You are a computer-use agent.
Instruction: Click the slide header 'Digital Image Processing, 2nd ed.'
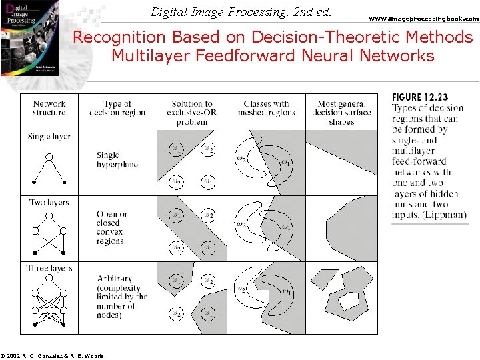coord(241,11)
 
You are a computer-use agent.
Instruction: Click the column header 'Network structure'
coord(49,108)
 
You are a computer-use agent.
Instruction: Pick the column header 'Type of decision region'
coord(117,108)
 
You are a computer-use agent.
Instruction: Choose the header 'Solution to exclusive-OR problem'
coord(191,113)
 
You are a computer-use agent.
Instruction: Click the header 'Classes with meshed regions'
coord(266,108)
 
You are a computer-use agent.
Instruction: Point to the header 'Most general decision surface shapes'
coord(341,113)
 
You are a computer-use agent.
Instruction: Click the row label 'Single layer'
coord(49,137)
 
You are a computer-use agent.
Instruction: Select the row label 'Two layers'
coord(49,203)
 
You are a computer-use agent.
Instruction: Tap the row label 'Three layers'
coord(49,268)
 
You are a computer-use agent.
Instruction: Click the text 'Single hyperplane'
coord(117,160)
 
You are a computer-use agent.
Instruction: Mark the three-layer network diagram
coord(49,305)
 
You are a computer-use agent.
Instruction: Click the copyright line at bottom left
coord(52,355)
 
